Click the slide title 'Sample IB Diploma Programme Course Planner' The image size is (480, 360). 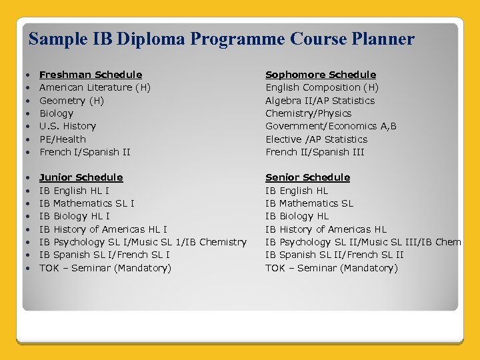221,39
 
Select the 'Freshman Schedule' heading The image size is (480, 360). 91,75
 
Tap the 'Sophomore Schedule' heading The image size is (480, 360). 321,75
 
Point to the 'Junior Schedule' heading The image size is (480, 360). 81,177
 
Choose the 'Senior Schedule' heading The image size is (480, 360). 307,177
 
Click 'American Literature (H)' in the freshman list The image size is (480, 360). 95,87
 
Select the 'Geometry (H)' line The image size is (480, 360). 71,101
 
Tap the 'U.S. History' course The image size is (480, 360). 67,126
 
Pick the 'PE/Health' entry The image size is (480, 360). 63,139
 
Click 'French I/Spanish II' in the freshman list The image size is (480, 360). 85,152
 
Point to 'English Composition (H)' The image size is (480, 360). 322,87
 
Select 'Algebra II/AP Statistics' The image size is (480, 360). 320,101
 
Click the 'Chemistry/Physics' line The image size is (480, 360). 308,113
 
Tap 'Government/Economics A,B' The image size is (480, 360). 331,126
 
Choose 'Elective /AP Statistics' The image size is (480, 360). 316,139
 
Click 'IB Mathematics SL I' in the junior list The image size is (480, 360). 87,203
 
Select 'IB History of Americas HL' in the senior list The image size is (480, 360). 326,229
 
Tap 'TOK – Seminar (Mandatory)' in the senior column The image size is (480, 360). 331,268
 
